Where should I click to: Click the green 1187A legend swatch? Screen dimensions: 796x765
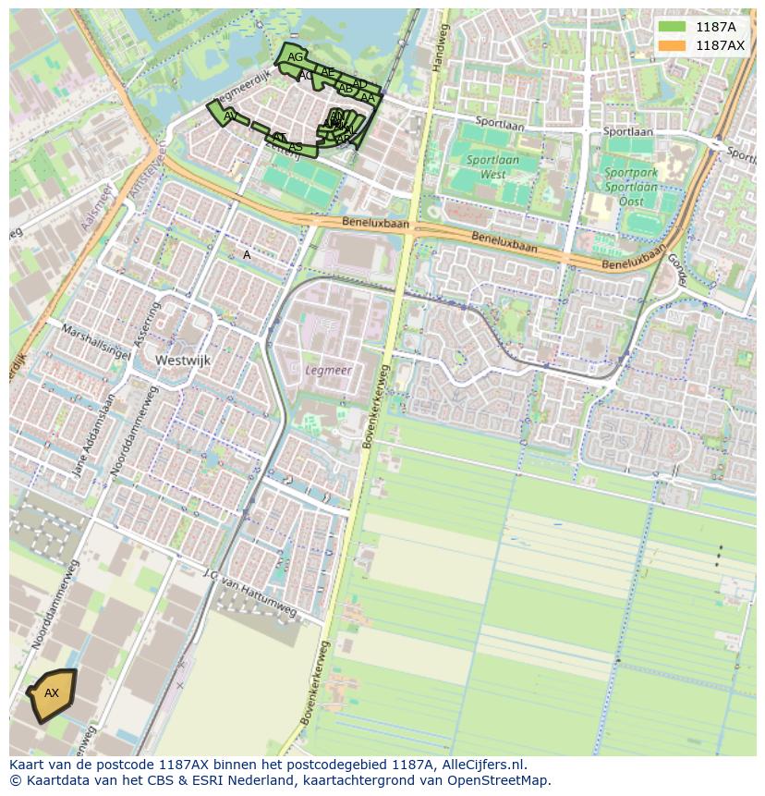pyautogui.click(x=672, y=27)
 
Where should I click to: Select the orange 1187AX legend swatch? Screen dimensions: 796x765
pyautogui.click(x=672, y=45)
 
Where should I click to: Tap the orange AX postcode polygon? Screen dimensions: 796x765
pyautogui.click(x=52, y=693)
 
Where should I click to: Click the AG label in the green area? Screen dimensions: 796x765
pyautogui.click(x=295, y=57)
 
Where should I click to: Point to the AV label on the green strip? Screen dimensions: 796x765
pyautogui.click(x=230, y=116)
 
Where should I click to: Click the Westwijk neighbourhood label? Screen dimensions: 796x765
pyautogui.click(x=184, y=360)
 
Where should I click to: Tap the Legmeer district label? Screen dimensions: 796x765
pyautogui.click(x=327, y=370)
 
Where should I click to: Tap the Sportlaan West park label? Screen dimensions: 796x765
pyautogui.click(x=492, y=166)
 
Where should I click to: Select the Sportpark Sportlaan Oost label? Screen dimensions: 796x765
pyautogui.click(x=631, y=179)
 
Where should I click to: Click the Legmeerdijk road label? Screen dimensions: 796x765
pyautogui.click(x=244, y=89)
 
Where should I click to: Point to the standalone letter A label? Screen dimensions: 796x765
pyautogui.click(x=247, y=255)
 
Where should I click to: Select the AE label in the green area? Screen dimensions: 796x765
pyautogui.click(x=327, y=72)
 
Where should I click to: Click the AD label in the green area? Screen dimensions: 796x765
pyautogui.click(x=360, y=84)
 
